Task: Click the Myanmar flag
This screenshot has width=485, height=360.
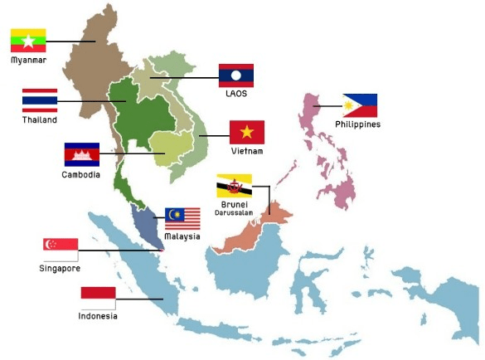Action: point(28,41)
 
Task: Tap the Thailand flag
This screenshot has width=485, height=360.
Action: point(40,101)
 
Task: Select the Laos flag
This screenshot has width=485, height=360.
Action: point(235,75)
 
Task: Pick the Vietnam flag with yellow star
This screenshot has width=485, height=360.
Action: point(246,133)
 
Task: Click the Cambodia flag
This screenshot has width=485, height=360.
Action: point(81,155)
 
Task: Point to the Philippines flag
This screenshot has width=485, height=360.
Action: point(360,105)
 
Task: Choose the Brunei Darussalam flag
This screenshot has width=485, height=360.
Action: point(234,186)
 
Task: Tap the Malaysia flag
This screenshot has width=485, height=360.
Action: point(182,219)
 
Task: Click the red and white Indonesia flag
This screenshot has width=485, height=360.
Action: point(98,298)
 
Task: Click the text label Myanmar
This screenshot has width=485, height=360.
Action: point(28,61)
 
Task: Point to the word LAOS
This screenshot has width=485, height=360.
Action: point(236,94)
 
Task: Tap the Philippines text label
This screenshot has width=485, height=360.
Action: point(357,124)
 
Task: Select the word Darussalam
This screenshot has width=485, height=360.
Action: point(234,212)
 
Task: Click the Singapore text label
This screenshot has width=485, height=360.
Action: point(61,268)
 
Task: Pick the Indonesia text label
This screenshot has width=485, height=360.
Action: point(98,316)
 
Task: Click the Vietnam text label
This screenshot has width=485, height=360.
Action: point(247,151)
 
